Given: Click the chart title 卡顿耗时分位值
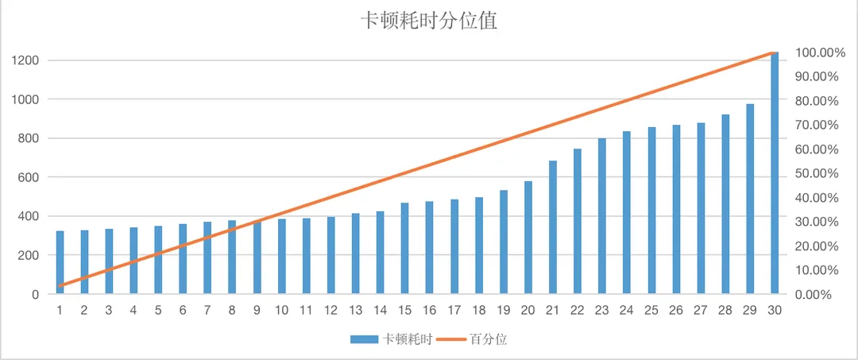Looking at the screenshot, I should point(429,21).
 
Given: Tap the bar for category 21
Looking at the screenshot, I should point(553,227).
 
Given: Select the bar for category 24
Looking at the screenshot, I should point(627,212).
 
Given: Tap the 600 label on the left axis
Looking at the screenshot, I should point(29,177).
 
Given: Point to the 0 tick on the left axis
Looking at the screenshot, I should point(36,294).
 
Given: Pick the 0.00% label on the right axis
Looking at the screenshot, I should point(814,294).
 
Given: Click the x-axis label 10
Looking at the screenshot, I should point(281,310).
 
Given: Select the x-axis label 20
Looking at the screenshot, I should point(528,310).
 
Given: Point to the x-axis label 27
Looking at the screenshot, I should point(701,310).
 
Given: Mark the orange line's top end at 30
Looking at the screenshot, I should point(774,52).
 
